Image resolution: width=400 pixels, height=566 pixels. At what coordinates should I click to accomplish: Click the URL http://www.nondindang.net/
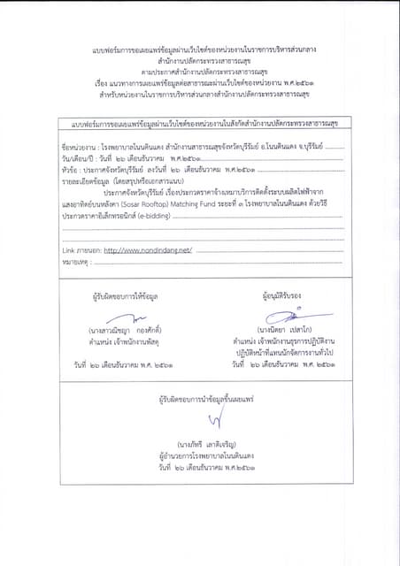pyautogui.click(x=147, y=251)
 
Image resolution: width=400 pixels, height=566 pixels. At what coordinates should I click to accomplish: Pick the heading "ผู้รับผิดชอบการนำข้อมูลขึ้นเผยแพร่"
pyautogui.click(x=201, y=400)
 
